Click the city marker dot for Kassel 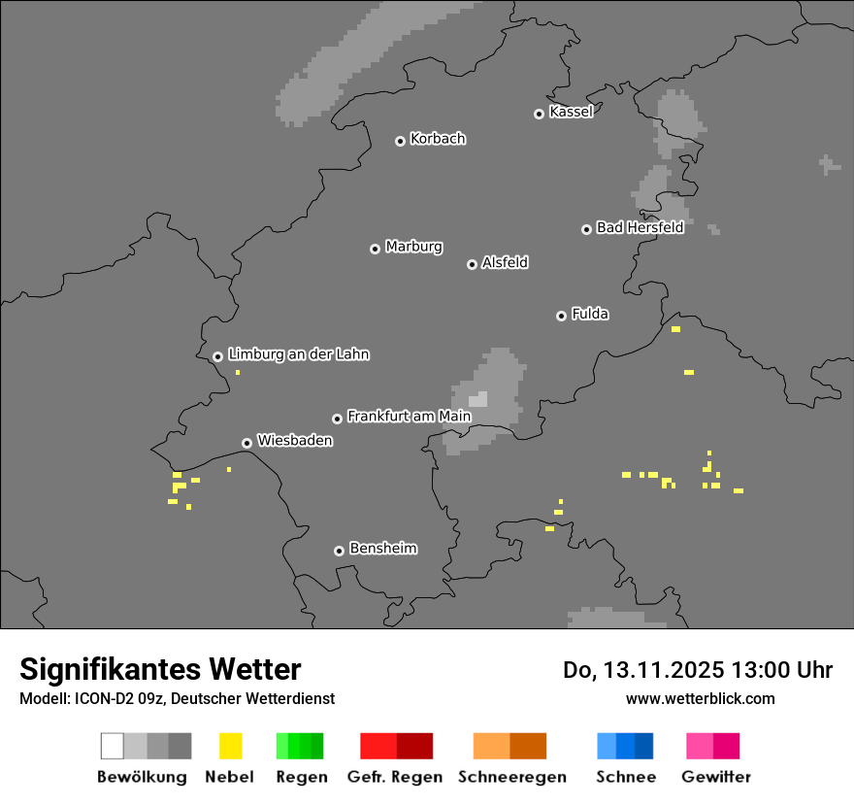click(539, 114)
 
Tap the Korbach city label click(438, 139)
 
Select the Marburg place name click(413, 247)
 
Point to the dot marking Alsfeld click(472, 264)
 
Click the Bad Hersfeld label click(640, 227)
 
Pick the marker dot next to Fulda click(561, 316)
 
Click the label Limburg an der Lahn click(299, 354)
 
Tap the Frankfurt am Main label click(409, 417)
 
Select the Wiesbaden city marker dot click(246, 443)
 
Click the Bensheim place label click(382, 549)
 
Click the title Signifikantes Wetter click(160, 669)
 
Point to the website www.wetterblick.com click(700, 698)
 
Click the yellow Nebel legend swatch click(230, 746)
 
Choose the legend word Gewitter click(716, 777)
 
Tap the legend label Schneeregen click(512, 777)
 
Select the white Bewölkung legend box click(113, 746)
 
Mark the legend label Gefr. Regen click(395, 777)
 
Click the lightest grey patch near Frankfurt click(478, 399)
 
